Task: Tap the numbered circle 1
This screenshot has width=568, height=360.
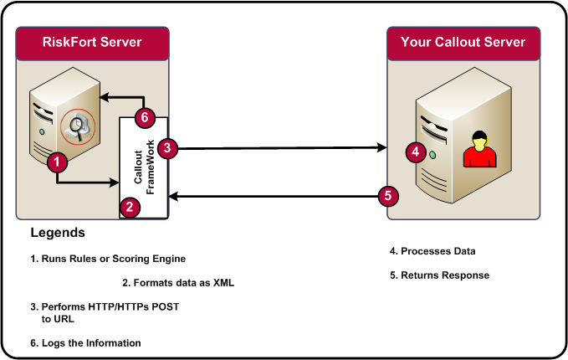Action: point(56,162)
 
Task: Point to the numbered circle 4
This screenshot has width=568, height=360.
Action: point(416,152)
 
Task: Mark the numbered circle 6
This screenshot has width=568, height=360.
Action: point(145,117)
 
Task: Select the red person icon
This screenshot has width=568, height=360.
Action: point(479,148)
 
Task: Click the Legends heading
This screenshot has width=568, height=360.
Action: point(58,232)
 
